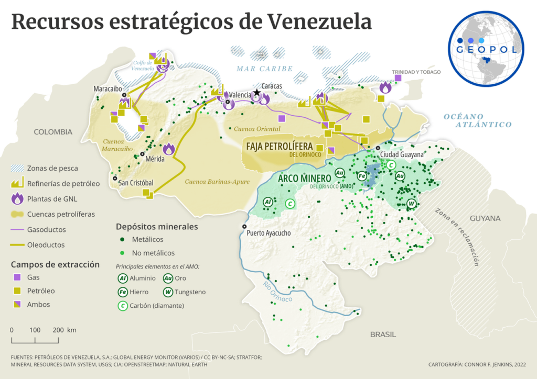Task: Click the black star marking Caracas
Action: (x=256, y=93)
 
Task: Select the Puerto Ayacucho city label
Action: (x=268, y=233)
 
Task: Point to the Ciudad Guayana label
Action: (x=402, y=154)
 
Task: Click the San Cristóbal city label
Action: (x=136, y=183)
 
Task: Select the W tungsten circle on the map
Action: (x=412, y=203)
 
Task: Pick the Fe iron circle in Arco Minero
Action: (x=362, y=176)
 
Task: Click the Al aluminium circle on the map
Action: (x=267, y=202)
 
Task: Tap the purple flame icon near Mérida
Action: (x=169, y=149)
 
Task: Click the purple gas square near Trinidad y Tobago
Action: (x=398, y=78)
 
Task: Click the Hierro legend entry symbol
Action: (x=122, y=292)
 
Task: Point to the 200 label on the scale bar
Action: (x=58, y=330)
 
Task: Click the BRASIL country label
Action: (x=383, y=334)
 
